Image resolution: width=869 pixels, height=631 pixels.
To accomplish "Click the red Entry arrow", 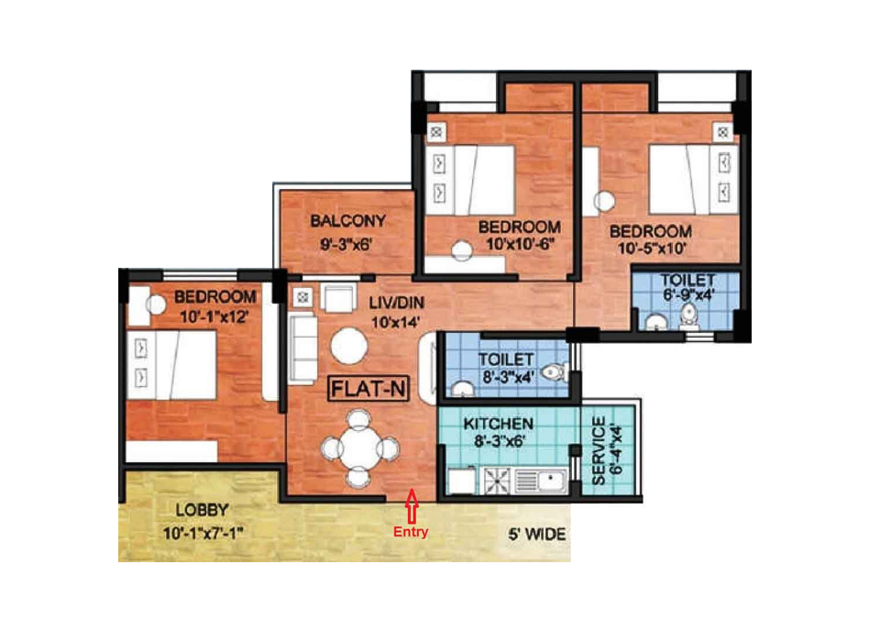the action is (x=412, y=505).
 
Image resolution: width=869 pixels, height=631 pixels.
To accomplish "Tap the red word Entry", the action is (x=411, y=532).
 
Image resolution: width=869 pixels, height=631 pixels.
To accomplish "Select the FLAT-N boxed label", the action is (x=368, y=389).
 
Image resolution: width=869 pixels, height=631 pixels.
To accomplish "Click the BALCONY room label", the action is (x=347, y=221).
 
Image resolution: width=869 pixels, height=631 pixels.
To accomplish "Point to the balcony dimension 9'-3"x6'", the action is (x=346, y=244).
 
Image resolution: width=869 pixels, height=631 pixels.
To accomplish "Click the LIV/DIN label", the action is (x=397, y=303).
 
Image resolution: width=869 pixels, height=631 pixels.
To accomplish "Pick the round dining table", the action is (x=359, y=448).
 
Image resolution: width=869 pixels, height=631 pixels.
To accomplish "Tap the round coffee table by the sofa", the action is (x=348, y=346).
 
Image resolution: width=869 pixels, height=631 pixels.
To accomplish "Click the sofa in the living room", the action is (x=303, y=349).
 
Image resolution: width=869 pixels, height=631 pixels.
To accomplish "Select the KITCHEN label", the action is (x=499, y=424).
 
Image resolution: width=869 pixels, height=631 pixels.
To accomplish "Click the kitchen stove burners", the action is (x=498, y=481).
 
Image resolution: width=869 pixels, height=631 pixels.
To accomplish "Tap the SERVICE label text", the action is (x=599, y=451).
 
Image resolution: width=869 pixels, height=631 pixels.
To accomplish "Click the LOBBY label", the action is (x=203, y=510).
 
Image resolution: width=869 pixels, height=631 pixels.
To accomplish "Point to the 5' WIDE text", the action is (x=537, y=535).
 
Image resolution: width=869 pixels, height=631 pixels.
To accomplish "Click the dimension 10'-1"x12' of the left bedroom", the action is (x=214, y=316).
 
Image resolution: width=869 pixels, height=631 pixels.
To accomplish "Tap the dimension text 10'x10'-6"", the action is (x=521, y=244).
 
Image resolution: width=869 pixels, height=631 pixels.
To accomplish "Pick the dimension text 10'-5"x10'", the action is (x=652, y=248).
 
